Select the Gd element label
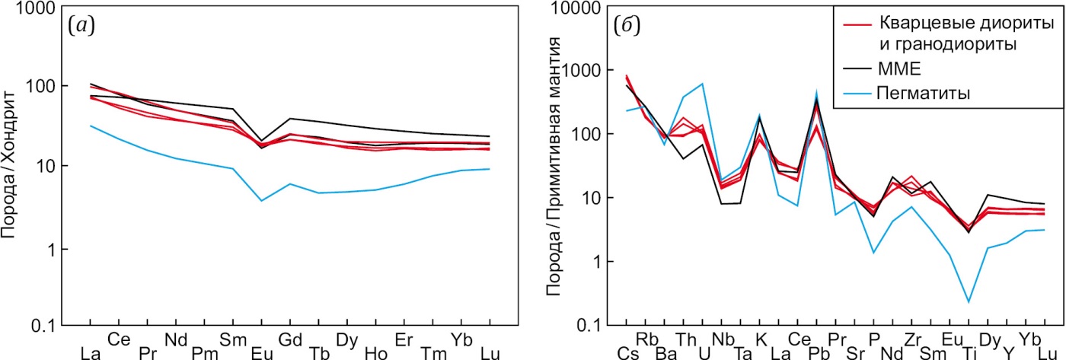[289, 337]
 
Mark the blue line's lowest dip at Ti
[969, 302]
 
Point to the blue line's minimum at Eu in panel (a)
[261, 200]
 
